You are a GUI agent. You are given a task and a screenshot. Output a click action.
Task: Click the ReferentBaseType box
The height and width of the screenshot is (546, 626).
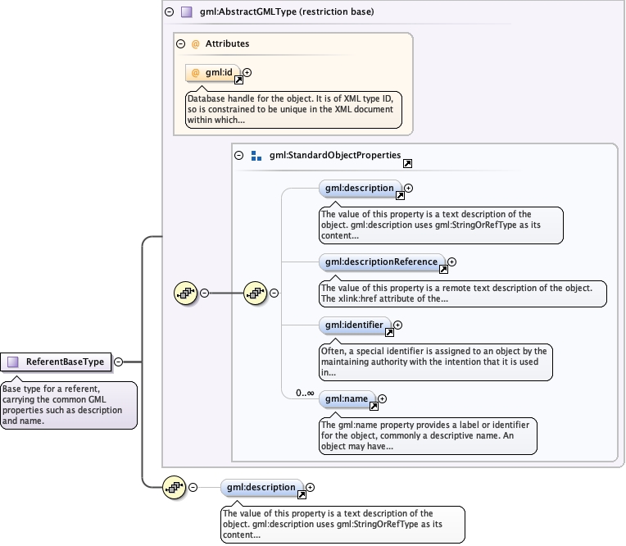tap(56, 362)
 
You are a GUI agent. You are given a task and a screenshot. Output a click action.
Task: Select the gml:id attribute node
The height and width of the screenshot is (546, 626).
tap(213, 73)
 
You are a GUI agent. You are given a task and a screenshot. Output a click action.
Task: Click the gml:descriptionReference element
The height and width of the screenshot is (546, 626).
tap(382, 262)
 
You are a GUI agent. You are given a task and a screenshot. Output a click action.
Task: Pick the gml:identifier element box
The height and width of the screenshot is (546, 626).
tap(355, 325)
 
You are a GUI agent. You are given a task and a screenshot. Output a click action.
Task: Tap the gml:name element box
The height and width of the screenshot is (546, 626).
tap(347, 399)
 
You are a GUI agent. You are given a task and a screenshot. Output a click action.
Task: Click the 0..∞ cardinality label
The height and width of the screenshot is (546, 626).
tap(305, 393)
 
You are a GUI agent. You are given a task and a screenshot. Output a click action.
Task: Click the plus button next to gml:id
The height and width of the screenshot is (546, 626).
tap(247, 72)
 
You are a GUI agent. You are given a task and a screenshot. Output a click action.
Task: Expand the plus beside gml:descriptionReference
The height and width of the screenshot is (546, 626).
tap(452, 262)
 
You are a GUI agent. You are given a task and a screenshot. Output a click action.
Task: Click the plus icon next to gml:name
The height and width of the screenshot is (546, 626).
tap(382, 398)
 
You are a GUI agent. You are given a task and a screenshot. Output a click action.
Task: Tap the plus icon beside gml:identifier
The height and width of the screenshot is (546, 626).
tap(397, 325)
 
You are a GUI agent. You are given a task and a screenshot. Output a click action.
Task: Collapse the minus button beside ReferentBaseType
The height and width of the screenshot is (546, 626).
tap(118, 362)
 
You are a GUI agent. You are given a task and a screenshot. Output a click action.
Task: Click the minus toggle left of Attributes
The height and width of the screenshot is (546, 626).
tap(180, 43)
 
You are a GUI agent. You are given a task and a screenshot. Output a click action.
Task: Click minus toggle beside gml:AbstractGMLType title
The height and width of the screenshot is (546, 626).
tap(170, 11)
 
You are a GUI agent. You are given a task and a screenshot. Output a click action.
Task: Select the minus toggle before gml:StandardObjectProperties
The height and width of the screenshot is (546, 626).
tap(238, 155)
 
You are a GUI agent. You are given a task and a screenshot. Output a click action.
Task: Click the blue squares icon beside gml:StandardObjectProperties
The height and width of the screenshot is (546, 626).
tap(256, 156)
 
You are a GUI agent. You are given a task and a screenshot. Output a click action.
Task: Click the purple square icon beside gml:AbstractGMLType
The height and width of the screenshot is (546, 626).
tap(187, 12)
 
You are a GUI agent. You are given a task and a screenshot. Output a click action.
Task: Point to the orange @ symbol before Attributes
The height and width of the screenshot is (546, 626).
tap(195, 44)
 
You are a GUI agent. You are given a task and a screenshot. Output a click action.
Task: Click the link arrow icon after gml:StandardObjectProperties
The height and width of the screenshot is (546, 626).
tap(407, 163)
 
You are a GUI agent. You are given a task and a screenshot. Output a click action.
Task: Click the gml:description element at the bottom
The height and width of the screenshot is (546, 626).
tap(261, 488)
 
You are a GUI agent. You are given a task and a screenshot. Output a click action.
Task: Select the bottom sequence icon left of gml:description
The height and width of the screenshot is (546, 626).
tap(174, 487)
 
